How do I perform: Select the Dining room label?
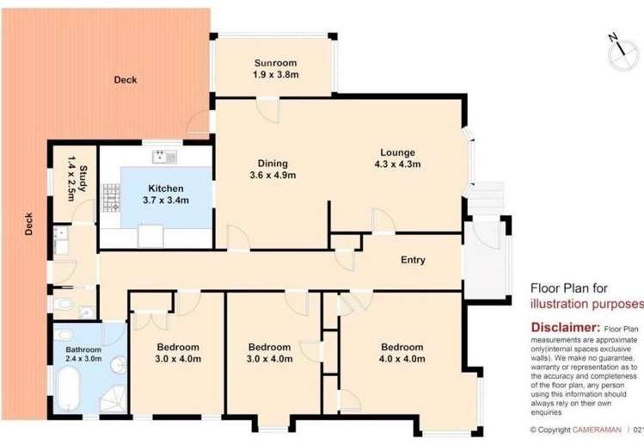coord(272,164)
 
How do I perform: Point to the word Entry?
coord(413,260)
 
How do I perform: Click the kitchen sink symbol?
coord(164,156)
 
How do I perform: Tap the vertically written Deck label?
coord(29,226)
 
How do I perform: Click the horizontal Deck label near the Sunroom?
coord(126,80)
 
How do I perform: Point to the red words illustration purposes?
coord(585,304)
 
